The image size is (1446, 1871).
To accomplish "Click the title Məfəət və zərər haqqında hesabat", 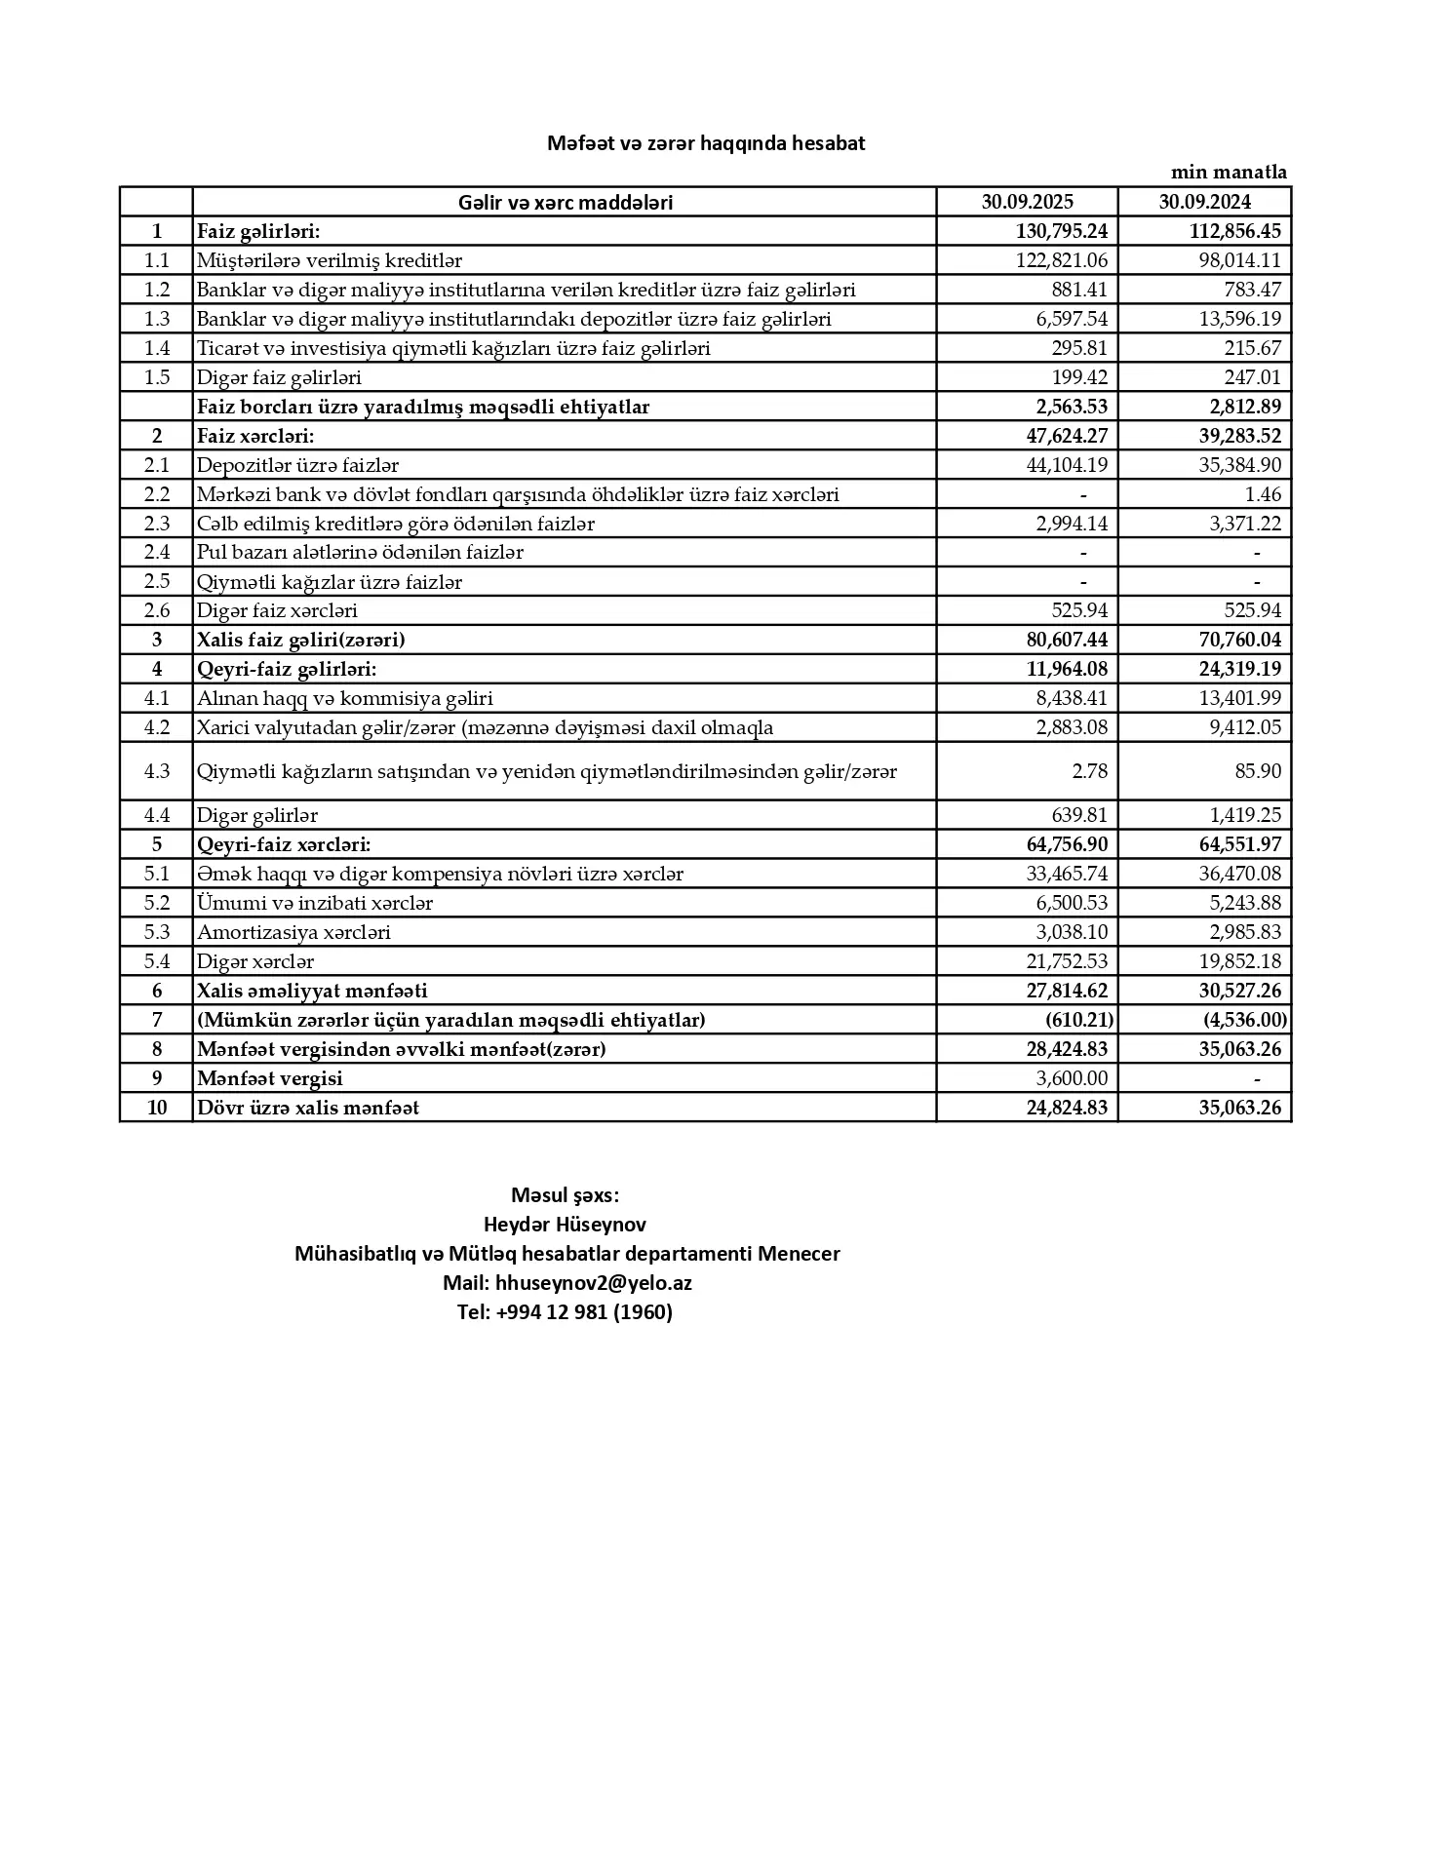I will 706,143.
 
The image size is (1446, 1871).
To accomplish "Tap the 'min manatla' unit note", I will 1229,173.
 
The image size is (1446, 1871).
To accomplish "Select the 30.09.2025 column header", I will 1028,202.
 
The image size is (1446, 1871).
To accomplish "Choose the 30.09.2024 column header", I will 1205,202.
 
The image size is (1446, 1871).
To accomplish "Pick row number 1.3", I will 157,319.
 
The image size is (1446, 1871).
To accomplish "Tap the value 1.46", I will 1263,494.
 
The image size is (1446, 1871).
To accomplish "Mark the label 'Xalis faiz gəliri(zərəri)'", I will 300,640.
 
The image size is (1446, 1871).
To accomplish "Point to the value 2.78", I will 1089,771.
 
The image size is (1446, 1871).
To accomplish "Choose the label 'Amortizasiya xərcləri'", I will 293,932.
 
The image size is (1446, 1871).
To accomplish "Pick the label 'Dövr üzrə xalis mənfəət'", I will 308,1108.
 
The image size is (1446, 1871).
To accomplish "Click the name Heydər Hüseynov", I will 565,1225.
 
